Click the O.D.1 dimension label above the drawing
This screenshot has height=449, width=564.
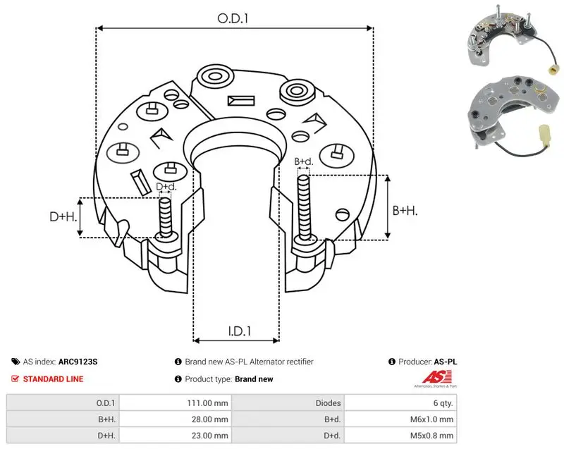click(x=233, y=18)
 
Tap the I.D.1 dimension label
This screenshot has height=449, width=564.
click(x=240, y=331)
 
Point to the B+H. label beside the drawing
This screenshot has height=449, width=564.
click(x=405, y=210)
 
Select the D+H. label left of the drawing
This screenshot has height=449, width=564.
click(x=63, y=216)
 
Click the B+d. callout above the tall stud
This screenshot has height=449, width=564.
click(x=304, y=161)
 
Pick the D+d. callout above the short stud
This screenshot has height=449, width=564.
click(x=166, y=187)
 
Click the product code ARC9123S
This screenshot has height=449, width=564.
click(x=78, y=362)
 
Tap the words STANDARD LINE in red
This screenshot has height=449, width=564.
click(x=54, y=379)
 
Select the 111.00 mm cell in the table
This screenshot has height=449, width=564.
click(x=207, y=403)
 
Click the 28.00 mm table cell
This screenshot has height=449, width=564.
click(x=209, y=419)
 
